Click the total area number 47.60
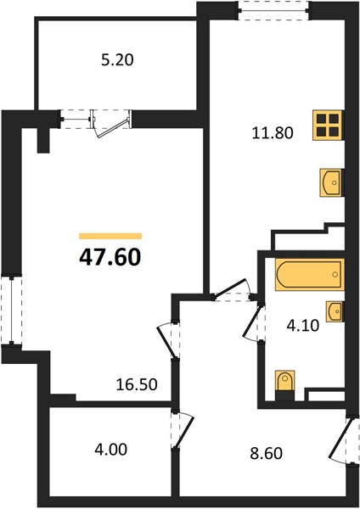pos(110,257)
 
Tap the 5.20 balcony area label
pos(117,60)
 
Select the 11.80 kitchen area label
pos(273,133)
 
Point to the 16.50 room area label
pos(137,384)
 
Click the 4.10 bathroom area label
pos(303,325)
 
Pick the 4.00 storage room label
pos(110,450)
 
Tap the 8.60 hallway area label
pos(266,453)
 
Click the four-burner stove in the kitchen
pos(328,126)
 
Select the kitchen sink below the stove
pos(331,182)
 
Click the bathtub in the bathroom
pos(310,274)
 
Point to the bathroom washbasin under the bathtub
pos(335,311)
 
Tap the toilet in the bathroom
pos(285,381)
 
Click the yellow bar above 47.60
pos(110,236)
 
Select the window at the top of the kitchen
pos(273,11)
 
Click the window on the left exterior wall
pos(12,310)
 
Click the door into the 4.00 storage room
pos(182,430)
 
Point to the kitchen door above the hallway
pos(233,290)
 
